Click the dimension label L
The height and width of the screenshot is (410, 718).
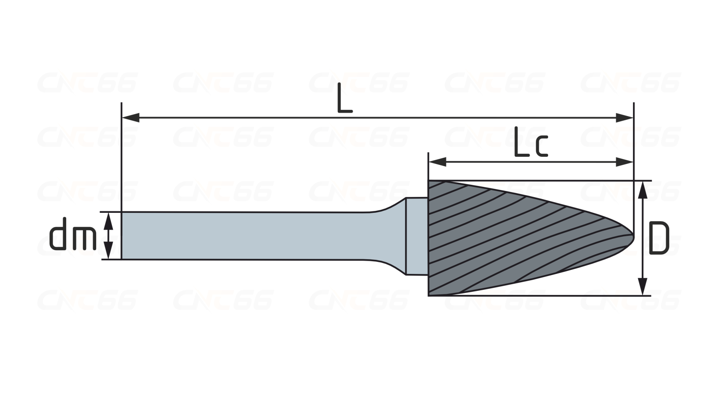point(345,98)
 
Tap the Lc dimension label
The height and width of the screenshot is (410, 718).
point(531,142)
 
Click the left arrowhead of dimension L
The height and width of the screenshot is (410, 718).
point(130,118)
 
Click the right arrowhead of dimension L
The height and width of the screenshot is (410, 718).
point(625,118)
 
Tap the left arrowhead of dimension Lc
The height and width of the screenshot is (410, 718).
point(437,162)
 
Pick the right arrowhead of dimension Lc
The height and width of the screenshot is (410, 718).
point(625,162)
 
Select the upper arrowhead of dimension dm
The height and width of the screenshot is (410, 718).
point(108,221)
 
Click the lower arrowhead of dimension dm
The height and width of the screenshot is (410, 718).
point(108,250)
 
